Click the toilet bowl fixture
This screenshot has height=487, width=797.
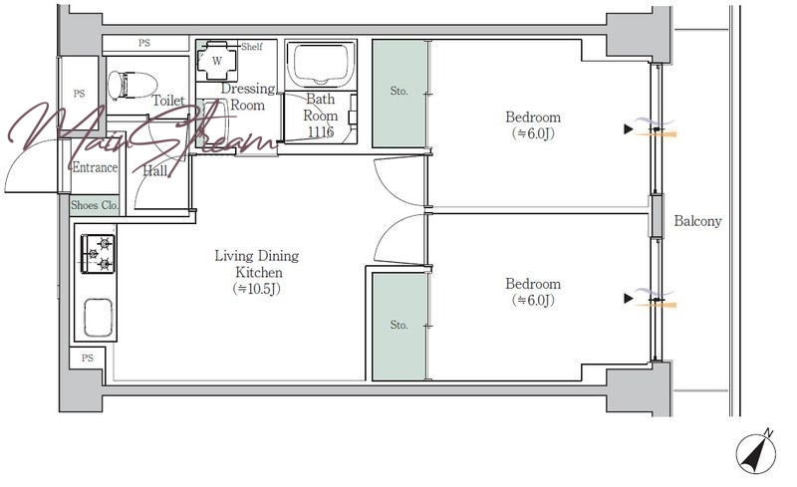tap(133, 85)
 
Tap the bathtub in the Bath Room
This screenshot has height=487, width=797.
tap(320, 64)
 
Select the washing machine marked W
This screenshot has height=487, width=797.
tap(217, 61)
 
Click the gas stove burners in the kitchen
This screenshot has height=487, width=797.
tap(98, 254)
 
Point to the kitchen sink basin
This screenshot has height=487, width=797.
tap(98, 318)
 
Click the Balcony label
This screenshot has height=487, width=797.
tap(698, 221)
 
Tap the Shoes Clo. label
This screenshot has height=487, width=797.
tap(95, 205)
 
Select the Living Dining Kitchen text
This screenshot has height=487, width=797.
tap(257, 263)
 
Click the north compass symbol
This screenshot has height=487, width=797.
tap(756, 451)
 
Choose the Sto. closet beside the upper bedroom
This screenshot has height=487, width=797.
tap(399, 94)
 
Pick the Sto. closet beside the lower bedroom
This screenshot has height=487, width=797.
tap(399, 327)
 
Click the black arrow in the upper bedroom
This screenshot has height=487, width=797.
tap(629, 129)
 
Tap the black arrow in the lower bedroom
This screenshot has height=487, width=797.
tap(629, 299)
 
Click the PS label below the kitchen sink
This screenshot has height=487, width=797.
tap(88, 358)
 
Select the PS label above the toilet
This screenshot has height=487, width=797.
tap(144, 43)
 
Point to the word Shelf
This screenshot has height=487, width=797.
tap(252, 47)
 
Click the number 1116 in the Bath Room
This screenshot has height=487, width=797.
tap(320, 132)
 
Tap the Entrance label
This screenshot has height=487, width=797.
tap(95, 167)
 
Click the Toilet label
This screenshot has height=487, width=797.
tap(168, 101)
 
